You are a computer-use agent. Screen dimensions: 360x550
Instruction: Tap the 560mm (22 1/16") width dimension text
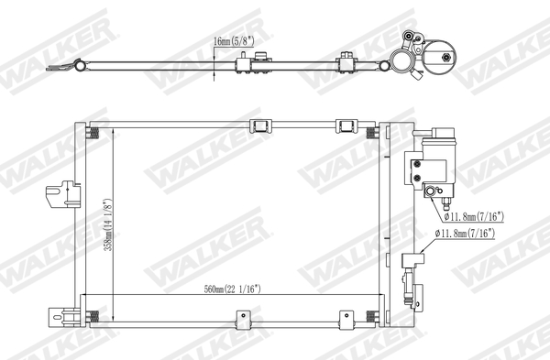[234, 290]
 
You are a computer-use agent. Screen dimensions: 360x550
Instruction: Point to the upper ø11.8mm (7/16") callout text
[474, 217]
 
